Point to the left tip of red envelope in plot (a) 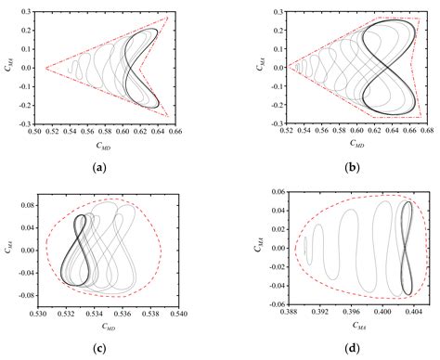pyautogui.click(x=45, y=68)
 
